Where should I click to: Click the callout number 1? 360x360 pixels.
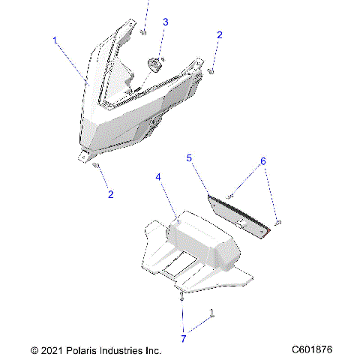click(55, 40)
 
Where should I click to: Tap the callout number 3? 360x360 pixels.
click(166, 22)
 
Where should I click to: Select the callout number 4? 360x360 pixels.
click(158, 177)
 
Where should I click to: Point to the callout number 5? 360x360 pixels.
click(189, 158)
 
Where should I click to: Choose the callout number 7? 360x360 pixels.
click(184, 339)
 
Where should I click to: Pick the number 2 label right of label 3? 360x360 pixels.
click(220, 34)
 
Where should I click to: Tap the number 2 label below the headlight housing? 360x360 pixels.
click(111, 194)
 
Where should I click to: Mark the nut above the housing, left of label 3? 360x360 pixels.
click(142, 31)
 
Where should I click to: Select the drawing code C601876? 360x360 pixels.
click(313, 349)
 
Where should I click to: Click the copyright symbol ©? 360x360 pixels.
click(34, 349)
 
